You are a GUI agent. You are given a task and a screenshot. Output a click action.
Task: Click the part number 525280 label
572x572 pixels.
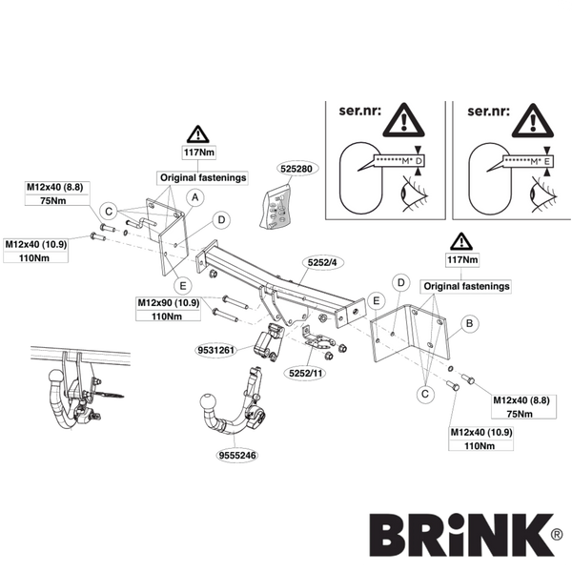296,169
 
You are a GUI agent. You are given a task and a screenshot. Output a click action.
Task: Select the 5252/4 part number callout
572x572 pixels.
322,262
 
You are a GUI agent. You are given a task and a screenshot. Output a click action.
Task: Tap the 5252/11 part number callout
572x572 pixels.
305,373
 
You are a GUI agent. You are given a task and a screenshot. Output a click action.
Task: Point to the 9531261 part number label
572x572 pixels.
215,350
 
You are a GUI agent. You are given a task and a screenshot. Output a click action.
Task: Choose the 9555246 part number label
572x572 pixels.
237,456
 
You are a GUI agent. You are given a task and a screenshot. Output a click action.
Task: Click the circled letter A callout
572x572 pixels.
195,197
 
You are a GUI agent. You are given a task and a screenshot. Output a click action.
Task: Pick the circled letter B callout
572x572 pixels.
469,323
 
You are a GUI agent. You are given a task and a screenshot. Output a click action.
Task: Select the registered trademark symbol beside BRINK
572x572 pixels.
557,535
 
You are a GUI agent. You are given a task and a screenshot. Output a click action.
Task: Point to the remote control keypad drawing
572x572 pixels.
276,207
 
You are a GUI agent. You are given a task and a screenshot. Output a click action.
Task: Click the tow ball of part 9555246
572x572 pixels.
208,402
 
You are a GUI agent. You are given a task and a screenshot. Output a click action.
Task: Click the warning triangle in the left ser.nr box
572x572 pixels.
403,120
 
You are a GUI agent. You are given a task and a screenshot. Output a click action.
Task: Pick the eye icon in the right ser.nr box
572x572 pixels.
542,194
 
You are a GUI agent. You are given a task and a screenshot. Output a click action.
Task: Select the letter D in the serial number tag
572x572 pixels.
419,161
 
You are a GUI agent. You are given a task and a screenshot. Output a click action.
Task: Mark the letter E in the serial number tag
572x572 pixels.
547,161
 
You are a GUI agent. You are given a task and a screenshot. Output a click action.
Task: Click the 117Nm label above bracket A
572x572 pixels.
199,153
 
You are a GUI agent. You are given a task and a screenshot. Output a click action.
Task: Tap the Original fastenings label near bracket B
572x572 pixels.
466,286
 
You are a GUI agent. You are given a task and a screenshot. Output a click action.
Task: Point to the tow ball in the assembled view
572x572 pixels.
56,378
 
